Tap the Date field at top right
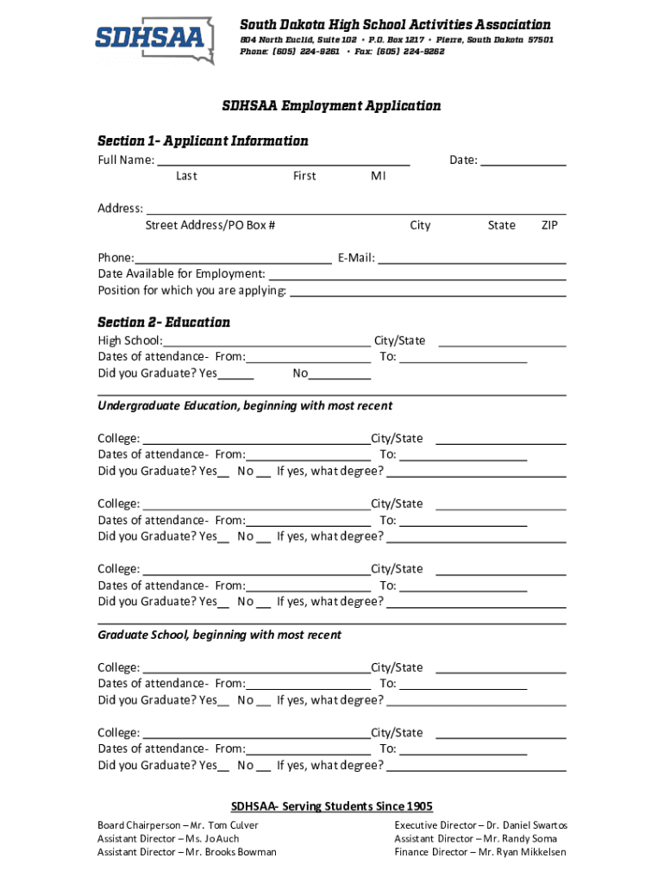tap(523, 161)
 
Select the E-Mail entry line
tap(472, 259)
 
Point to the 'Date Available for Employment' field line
tap(417, 275)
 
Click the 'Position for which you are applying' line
tap(428, 291)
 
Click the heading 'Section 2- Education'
tap(164, 323)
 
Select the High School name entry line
tap(266, 341)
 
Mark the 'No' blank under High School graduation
tap(340, 375)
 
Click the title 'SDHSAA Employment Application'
tap(331, 106)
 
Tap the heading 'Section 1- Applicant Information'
tap(203, 141)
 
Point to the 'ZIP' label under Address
tap(549, 226)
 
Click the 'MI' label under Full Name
tap(379, 177)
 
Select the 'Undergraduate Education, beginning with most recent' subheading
tap(245, 406)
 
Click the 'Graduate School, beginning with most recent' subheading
tap(219, 636)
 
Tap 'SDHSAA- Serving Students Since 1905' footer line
tap(331, 807)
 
